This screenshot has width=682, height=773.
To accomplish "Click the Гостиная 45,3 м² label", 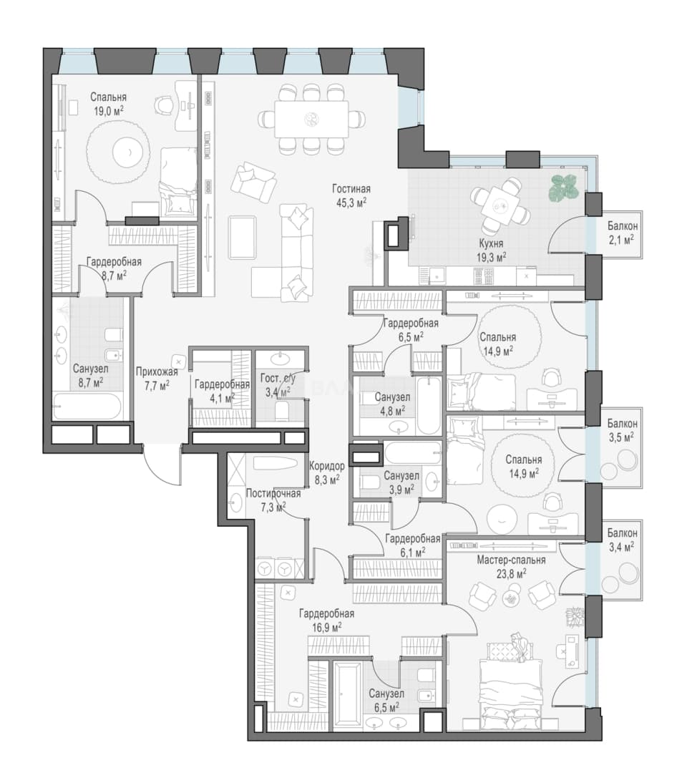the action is coord(351,195).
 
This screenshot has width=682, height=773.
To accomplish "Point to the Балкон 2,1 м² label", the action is coord(622,233).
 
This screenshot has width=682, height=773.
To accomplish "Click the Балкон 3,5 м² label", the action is coord(622,430).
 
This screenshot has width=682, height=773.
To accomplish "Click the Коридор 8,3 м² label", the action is coord(327,472).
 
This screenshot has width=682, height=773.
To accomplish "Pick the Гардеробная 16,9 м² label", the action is coord(326,620).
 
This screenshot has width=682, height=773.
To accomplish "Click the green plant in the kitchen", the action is coord(564,187).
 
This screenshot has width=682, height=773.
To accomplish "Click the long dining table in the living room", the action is coord(311,119).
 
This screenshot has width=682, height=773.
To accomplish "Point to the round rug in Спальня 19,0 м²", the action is coord(118,153).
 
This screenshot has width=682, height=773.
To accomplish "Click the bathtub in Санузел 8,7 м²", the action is coord(87,406).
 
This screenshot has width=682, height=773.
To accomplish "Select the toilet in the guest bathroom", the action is coord(282,411).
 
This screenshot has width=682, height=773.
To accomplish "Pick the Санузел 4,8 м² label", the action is coord(391,404).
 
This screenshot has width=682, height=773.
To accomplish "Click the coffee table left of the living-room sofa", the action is coord(242,238).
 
